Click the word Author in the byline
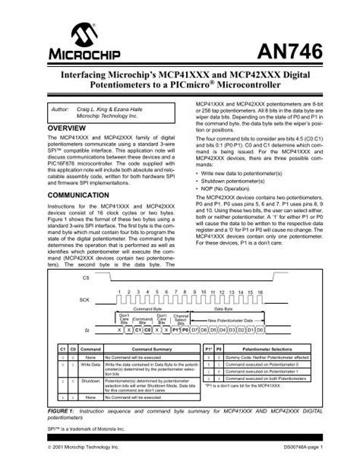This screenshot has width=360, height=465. (x=59, y=109)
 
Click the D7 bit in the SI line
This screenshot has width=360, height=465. (x=196, y=331)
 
